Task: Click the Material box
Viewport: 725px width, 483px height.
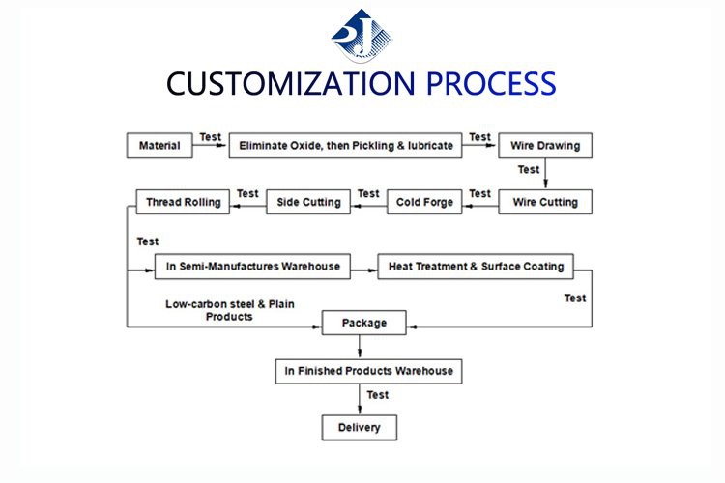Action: pos(159,146)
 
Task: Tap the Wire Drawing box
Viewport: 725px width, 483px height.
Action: pos(545,146)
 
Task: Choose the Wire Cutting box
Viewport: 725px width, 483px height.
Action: pos(545,202)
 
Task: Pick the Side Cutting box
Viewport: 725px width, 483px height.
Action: pos(308,202)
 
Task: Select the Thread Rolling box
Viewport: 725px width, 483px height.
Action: pos(183,202)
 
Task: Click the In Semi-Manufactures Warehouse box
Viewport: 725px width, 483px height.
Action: pos(251,266)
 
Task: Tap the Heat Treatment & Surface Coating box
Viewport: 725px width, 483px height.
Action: pos(476,266)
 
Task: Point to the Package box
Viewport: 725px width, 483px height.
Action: pos(362,323)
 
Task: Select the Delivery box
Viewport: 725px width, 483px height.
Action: pos(359,427)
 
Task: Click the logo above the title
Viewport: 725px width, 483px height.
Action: pos(362,35)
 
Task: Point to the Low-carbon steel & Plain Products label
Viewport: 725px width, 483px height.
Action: pos(229,310)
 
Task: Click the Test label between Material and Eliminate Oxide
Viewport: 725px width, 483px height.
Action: pos(210,137)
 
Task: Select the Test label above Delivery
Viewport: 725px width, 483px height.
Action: pos(378,395)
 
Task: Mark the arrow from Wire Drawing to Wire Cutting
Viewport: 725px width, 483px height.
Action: pos(545,174)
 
